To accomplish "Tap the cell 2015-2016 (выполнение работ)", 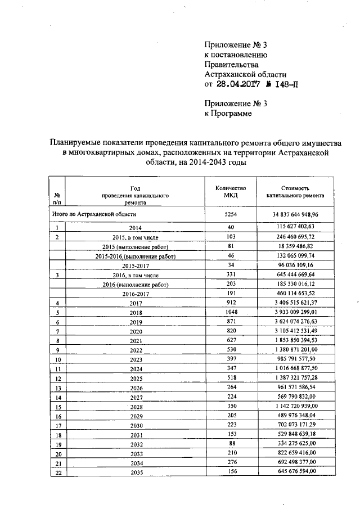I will point(135,256).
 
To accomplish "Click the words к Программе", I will point(227,113).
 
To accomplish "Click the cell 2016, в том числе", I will point(135,276).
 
